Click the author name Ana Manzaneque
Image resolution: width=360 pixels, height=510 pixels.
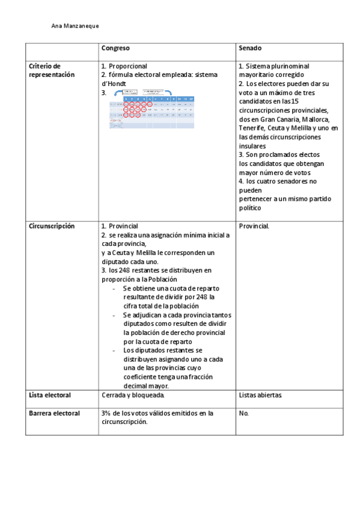click(75, 26)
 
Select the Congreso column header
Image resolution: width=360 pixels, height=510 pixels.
click(115, 48)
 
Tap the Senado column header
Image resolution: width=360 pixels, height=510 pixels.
click(250, 48)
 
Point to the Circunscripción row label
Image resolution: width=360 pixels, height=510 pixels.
click(52, 226)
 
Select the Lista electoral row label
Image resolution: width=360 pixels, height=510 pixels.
click(50, 395)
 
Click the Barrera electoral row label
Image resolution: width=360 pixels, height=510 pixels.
click(53, 414)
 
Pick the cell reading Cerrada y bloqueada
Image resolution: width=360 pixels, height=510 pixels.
click(133, 395)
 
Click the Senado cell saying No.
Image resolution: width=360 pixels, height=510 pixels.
click(243, 414)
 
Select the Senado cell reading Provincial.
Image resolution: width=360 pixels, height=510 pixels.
click(254, 226)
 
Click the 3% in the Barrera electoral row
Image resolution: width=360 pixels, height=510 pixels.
click(106, 414)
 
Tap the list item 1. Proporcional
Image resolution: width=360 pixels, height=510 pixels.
click(124, 66)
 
